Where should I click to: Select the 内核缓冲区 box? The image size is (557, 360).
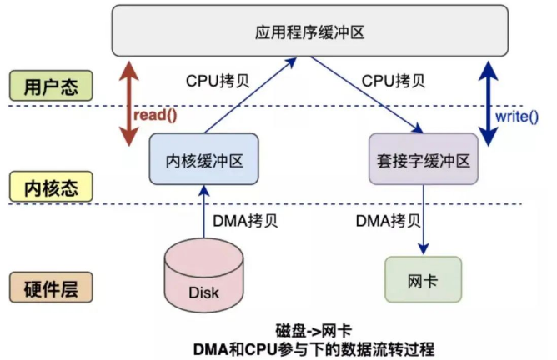203,158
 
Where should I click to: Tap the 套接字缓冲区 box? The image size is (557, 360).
424,158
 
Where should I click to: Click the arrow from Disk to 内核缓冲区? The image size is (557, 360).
203,213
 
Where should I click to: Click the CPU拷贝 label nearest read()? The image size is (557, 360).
216,82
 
